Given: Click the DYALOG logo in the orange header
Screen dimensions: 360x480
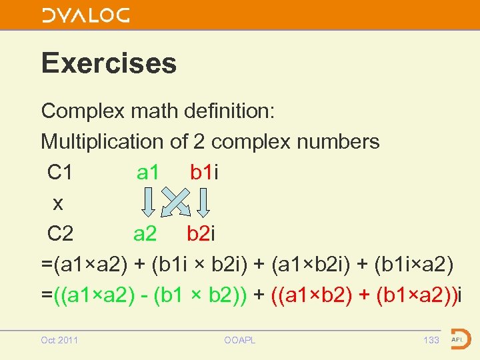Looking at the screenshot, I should pos(85,15).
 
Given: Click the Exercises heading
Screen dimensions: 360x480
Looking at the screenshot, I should pos(109,63).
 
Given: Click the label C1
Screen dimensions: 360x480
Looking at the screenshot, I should pos(60,173).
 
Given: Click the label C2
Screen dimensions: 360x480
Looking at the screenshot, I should pos(61,234).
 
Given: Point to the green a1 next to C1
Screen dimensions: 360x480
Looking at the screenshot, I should pos(147,173).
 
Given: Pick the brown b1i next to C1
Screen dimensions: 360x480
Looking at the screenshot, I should pos(204,173).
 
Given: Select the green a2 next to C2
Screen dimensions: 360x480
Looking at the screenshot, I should pos(145,234).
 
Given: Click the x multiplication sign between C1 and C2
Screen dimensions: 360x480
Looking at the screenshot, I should pos(58,203).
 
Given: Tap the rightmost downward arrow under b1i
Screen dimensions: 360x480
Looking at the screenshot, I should pos(205,201).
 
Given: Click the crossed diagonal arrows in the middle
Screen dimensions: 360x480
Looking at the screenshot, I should pos(177,201).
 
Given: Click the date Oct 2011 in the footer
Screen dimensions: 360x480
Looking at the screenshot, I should pos(59,341).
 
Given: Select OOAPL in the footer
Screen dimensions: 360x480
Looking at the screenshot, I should pos(240,341).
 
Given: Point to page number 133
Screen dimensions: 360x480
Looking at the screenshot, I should pos(431,341).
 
